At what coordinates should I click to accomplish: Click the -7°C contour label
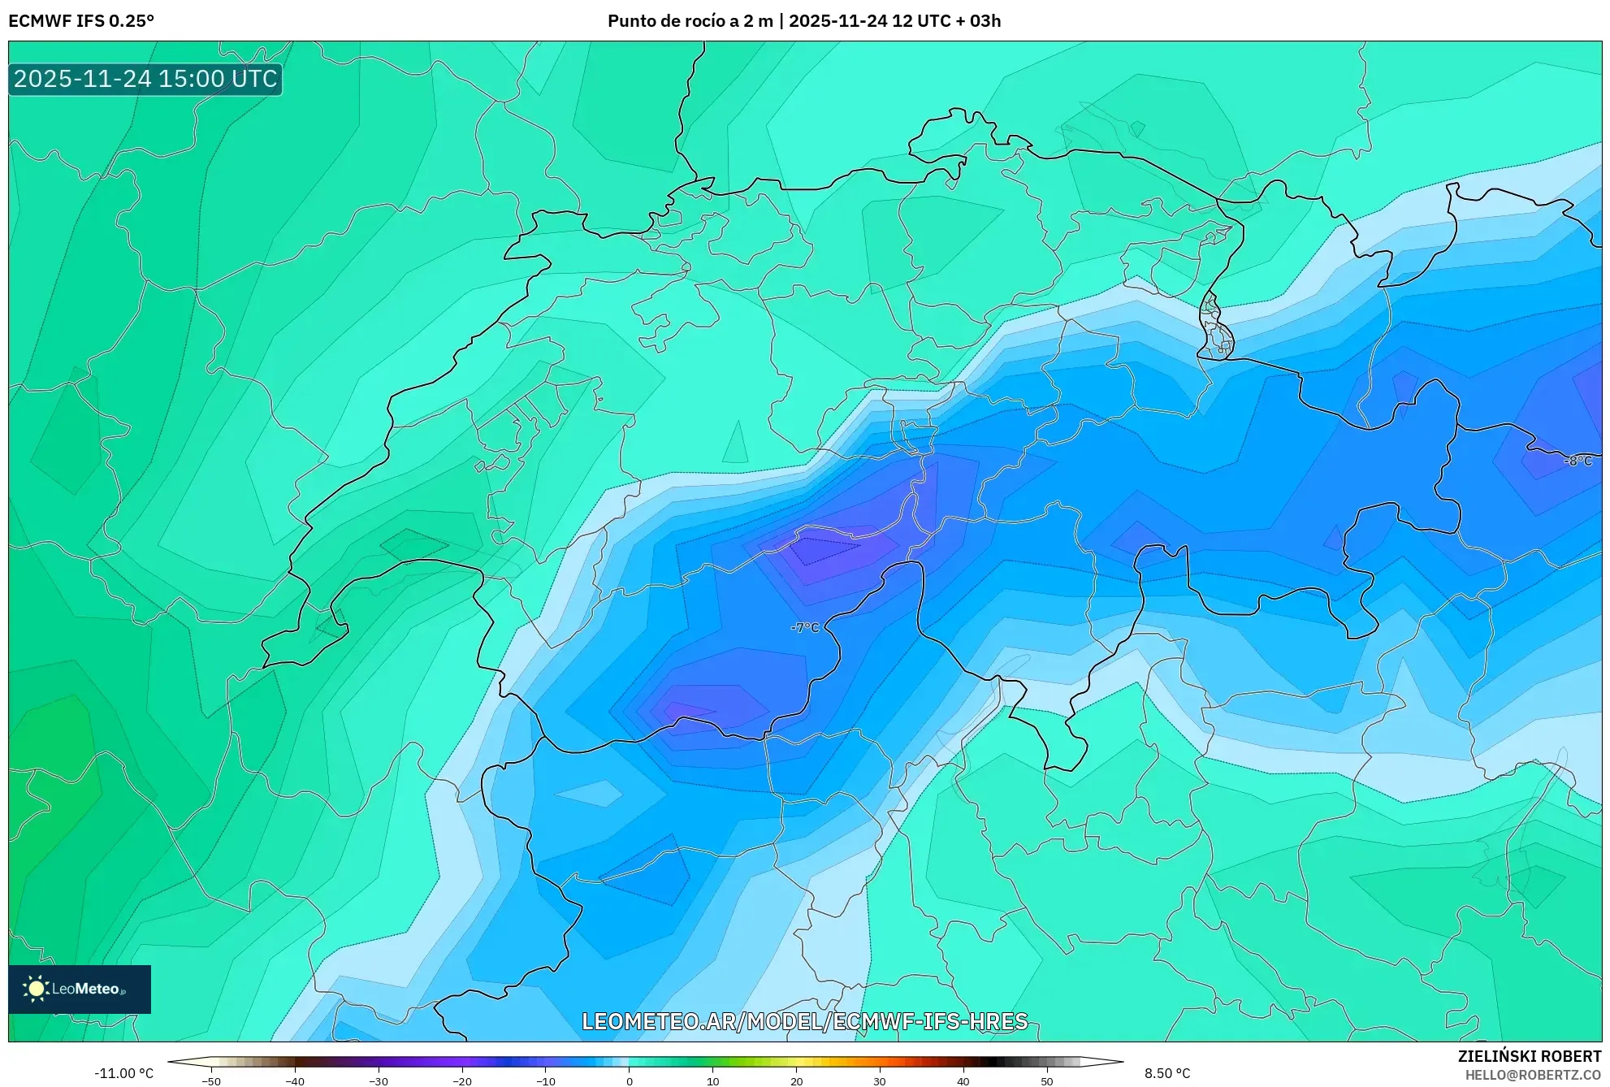point(805,627)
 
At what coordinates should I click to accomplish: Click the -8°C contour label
point(1578,461)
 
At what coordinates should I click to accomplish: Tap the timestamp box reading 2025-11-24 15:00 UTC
point(145,79)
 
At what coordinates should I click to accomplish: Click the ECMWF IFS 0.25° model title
point(81,21)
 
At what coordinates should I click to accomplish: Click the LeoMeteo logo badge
point(80,989)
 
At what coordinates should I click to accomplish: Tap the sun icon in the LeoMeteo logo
point(36,989)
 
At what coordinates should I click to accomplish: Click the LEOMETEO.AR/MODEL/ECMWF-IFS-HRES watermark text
point(804,1021)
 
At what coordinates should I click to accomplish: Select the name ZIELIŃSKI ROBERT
point(1529,1056)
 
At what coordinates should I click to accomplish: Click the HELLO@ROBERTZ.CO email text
point(1532,1075)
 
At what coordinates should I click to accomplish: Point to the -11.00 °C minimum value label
point(123,1073)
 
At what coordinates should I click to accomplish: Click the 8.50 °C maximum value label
point(1167,1073)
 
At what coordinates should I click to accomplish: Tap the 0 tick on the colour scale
point(629,1081)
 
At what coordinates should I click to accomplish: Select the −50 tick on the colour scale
point(211,1081)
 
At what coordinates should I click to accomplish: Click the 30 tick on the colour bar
point(880,1081)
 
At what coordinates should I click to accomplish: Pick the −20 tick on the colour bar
point(461,1081)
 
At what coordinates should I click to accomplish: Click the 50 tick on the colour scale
point(1047,1081)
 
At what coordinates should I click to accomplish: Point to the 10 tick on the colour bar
point(712,1081)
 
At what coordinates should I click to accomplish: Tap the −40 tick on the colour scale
point(295,1081)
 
